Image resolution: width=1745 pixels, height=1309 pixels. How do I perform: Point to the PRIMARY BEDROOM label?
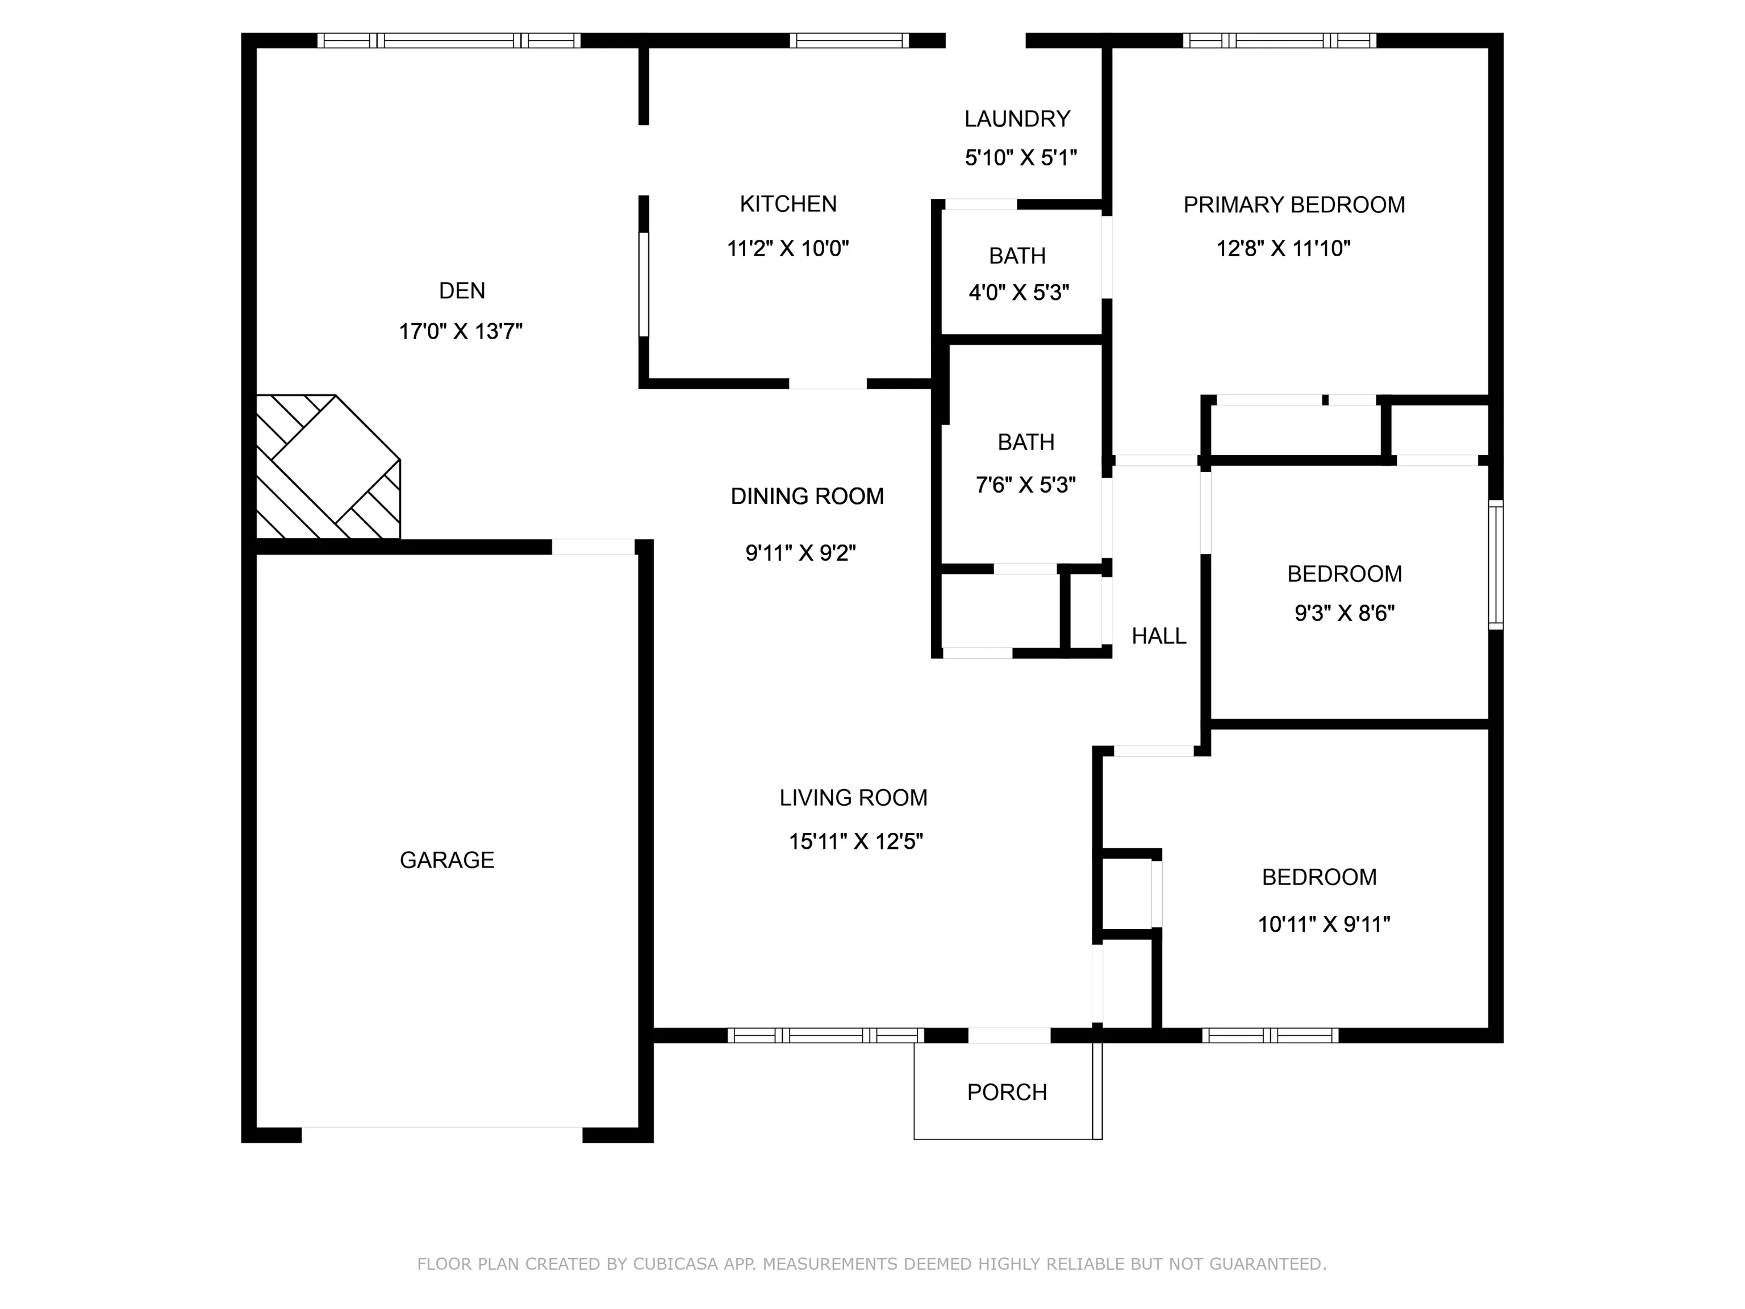(1294, 205)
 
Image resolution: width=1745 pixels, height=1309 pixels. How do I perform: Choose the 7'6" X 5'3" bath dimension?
(1025, 485)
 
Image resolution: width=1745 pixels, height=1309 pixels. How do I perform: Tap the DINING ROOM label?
(807, 497)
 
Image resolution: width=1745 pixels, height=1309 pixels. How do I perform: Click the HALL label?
(1159, 636)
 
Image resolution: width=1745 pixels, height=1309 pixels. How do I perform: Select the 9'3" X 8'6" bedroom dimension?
(1344, 613)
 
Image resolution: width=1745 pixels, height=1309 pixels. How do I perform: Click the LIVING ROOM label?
(854, 798)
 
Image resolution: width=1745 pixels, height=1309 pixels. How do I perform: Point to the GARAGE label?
(446, 860)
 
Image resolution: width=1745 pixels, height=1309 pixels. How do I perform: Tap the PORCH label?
(1007, 1092)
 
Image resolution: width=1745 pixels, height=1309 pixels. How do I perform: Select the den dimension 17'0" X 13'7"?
(461, 331)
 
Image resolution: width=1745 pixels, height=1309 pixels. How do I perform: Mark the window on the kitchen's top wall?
(850, 40)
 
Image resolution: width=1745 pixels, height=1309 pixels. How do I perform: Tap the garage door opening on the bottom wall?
(442, 1135)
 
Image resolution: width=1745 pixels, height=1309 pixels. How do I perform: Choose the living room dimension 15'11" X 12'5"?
(856, 842)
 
